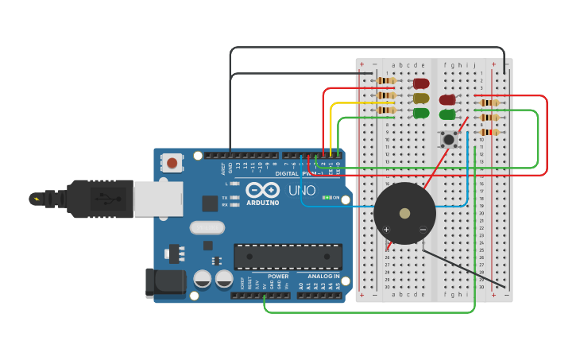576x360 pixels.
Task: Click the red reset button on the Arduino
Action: click(172, 164)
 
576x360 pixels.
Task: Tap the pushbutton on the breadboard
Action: click(449, 140)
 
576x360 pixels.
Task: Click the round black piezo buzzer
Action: click(404, 213)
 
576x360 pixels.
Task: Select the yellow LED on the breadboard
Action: click(421, 99)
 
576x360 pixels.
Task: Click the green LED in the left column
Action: click(421, 113)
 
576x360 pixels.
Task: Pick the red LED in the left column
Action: click(421, 83)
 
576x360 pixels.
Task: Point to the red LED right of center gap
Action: click(447, 100)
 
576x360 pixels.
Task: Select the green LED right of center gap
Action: click(447, 114)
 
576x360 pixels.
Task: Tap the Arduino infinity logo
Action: click(262, 191)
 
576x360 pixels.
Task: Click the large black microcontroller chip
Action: click(288, 257)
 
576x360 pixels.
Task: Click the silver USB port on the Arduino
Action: click(158, 199)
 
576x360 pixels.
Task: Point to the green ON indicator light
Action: click(326, 197)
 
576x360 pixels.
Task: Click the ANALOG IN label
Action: click(323, 277)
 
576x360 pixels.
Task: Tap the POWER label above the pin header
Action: click(278, 277)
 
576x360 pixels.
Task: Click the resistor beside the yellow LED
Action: click(386, 95)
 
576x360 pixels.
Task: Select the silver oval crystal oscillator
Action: click(207, 228)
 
